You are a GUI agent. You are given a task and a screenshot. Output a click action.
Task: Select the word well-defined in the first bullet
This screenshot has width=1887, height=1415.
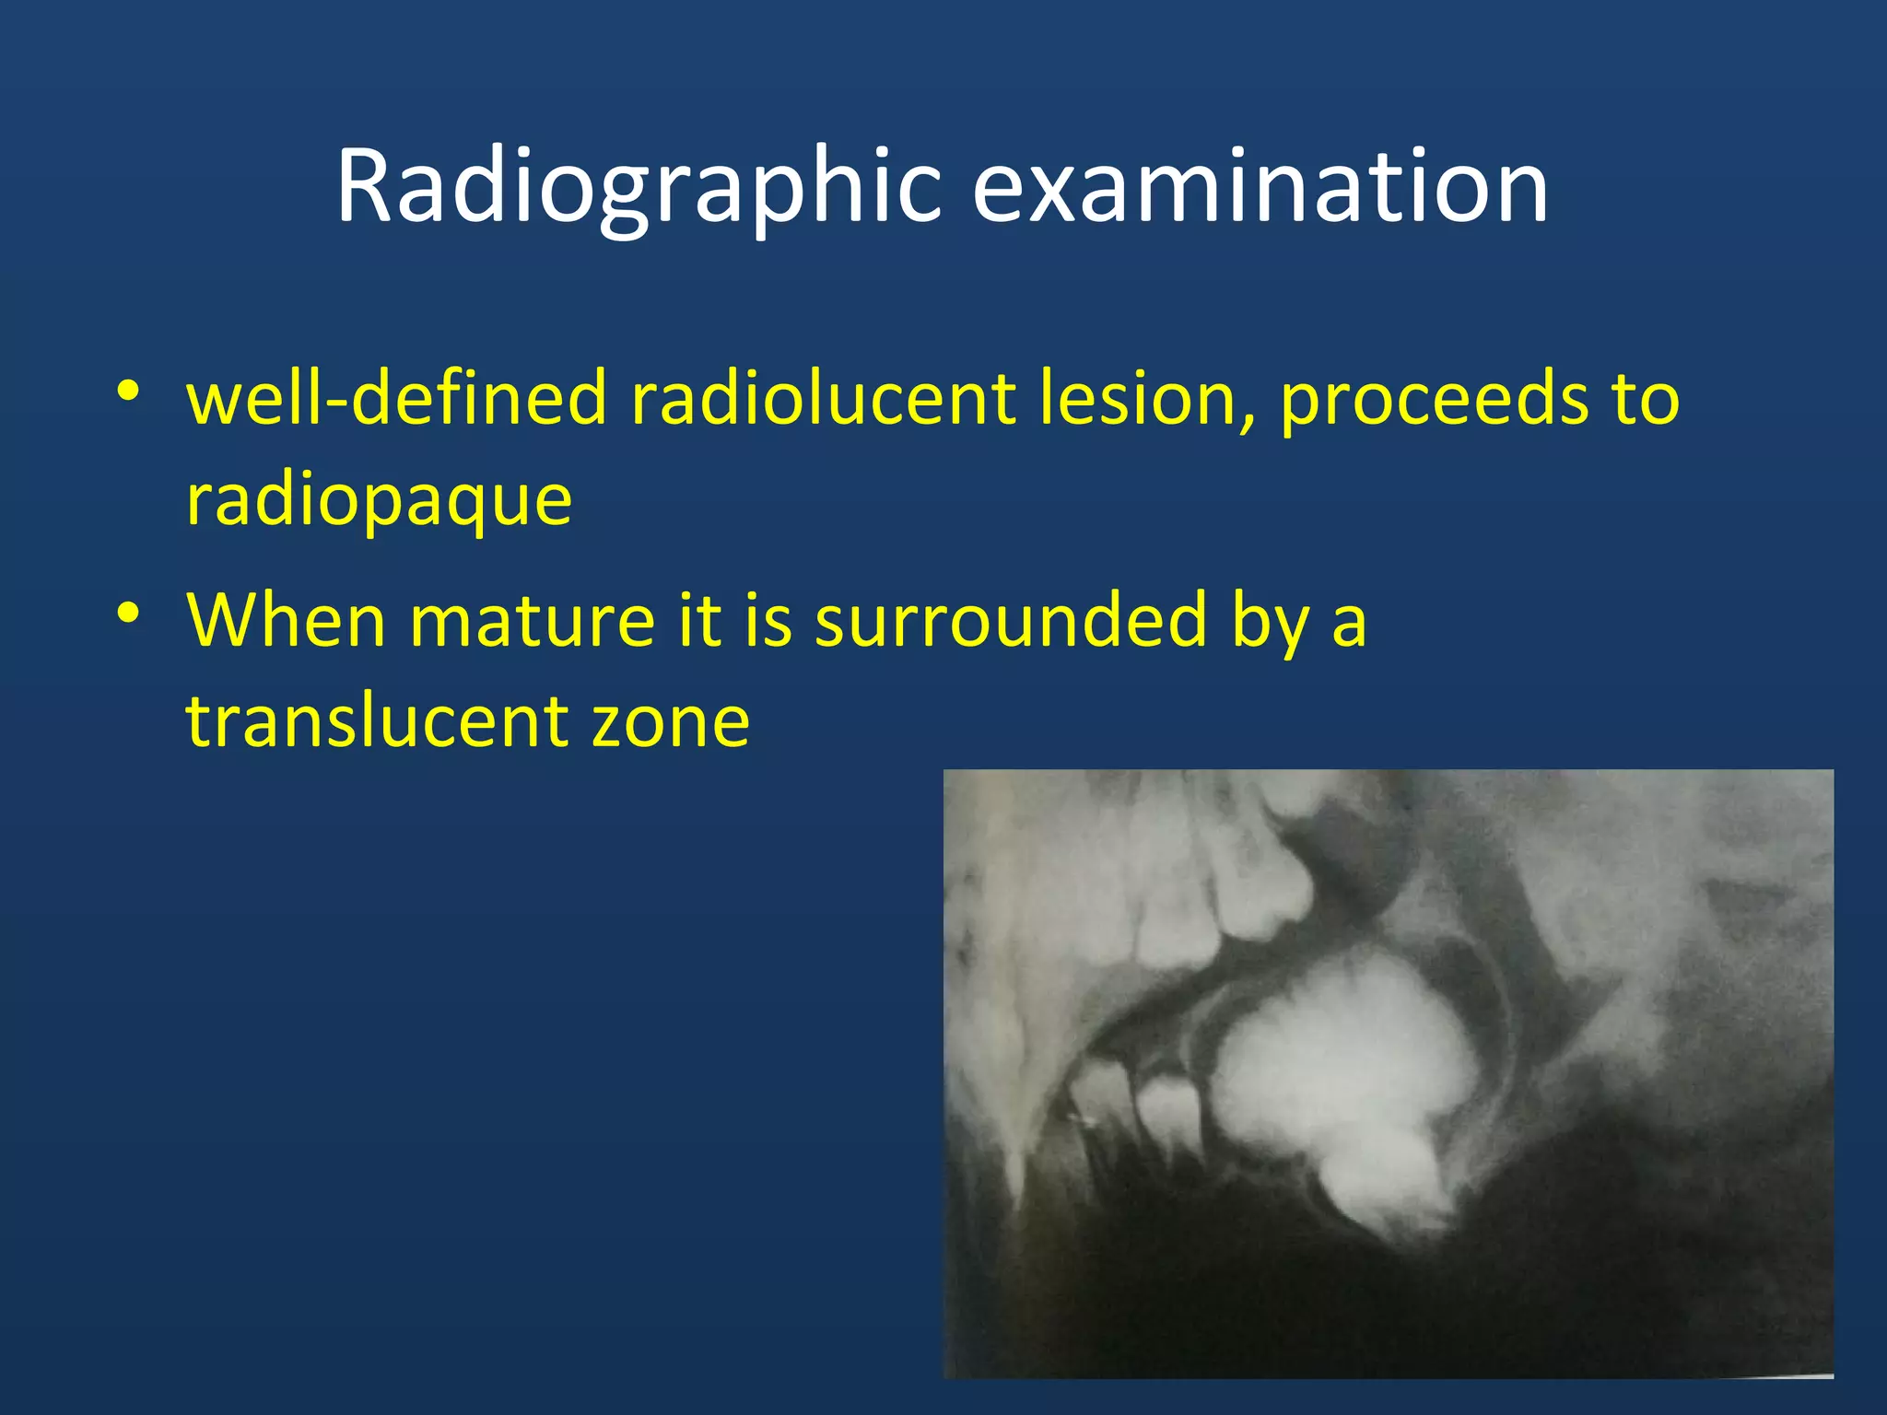397,399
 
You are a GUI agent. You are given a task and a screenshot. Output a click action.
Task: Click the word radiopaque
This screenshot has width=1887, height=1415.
379,503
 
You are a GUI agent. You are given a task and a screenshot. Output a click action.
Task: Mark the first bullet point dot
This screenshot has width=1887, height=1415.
128,392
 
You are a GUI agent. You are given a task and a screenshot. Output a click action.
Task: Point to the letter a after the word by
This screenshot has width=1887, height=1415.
1349,624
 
